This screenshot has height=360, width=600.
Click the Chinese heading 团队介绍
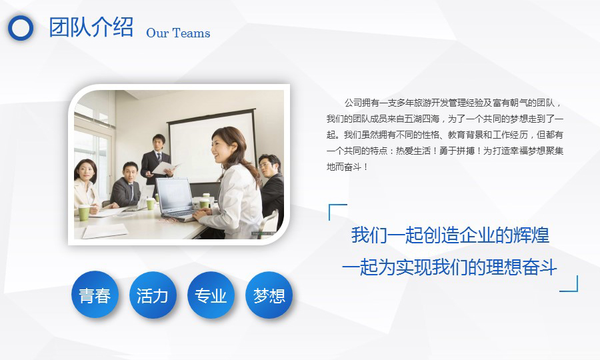tap(91, 27)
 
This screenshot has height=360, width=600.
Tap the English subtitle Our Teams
tap(178, 33)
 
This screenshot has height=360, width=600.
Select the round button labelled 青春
tap(95, 295)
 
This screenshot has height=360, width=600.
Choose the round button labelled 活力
tap(153, 295)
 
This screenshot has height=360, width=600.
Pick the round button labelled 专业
tap(211, 295)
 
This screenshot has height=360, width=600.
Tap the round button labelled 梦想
tap(269, 295)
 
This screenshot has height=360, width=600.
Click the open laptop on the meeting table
tap(176, 199)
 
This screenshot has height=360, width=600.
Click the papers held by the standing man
tap(165, 167)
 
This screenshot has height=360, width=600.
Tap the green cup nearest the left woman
tap(84, 213)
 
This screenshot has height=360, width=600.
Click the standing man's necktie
tap(159, 157)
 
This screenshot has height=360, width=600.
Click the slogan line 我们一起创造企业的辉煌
tap(450, 235)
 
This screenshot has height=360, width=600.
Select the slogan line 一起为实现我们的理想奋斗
tap(449, 267)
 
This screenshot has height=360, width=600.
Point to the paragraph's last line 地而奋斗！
tap(347, 167)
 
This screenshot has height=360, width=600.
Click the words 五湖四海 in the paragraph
tap(422, 119)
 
